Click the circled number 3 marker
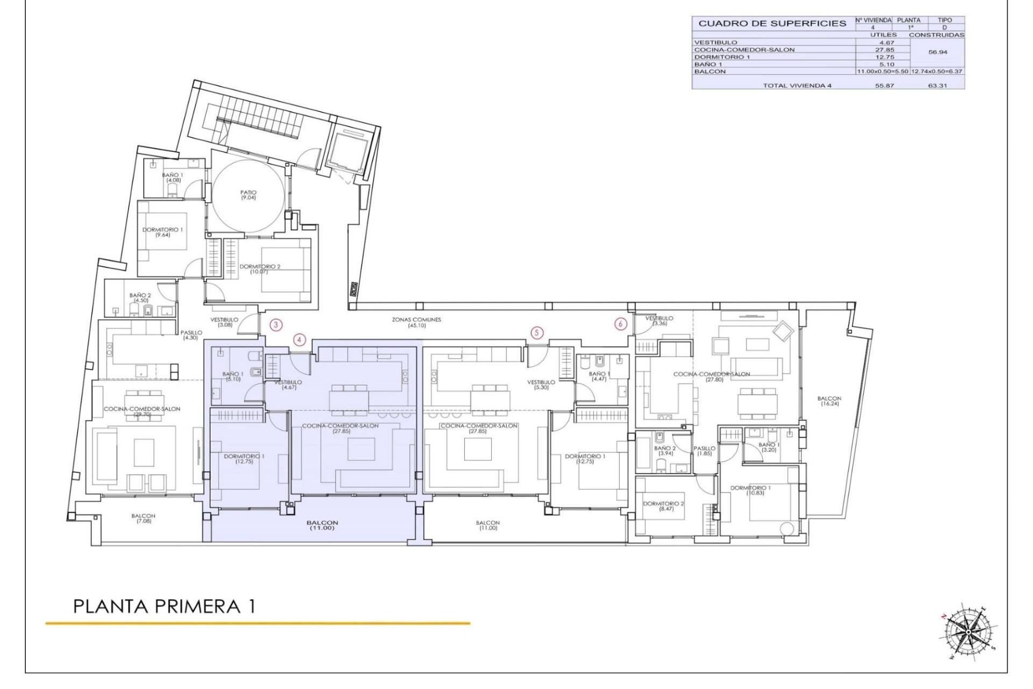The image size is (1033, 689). pyautogui.click(x=275, y=325)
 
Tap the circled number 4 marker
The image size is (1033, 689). pyautogui.click(x=300, y=340)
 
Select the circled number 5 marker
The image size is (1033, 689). pyautogui.click(x=536, y=333)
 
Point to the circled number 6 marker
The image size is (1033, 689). pyautogui.click(x=621, y=324)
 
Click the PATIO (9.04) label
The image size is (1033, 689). pyautogui.click(x=249, y=195)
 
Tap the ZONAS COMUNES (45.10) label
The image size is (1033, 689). pyautogui.click(x=416, y=322)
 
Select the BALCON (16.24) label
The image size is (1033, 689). pyautogui.click(x=829, y=401)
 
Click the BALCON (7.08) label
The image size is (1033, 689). pyautogui.click(x=143, y=518)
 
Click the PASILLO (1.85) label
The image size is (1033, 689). pyautogui.click(x=704, y=451)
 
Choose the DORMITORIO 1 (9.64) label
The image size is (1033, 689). pyautogui.click(x=162, y=232)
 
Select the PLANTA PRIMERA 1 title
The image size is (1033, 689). pyautogui.click(x=164, y=607)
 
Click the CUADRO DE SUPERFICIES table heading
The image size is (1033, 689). pyautogui.click(x=772, y=23)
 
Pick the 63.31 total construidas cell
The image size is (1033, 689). pyautogui.click(x=937, y=85)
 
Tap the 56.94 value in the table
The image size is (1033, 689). pyautogui.click(x=937, y=53)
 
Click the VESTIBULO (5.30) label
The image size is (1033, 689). pyautogui.click(x=541, y=384)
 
